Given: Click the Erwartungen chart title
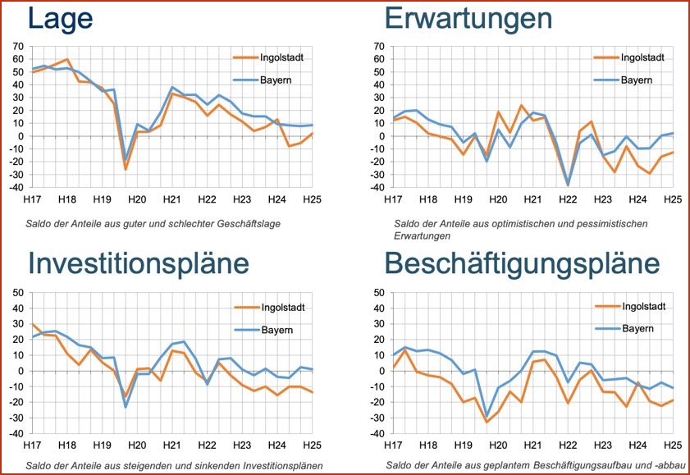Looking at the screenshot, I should [468, 17].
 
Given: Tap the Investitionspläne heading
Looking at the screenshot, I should [139, 262].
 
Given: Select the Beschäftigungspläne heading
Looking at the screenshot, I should [521, 262].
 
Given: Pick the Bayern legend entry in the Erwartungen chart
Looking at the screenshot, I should [635, 80].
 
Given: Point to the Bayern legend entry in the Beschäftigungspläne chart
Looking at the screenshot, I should [635, 327].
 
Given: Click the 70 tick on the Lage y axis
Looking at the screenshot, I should [18, 45].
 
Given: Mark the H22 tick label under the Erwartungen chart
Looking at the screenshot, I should [567, 199].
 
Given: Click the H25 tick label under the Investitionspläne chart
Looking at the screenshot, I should [313, 445].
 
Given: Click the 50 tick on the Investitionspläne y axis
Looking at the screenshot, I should [18, 293].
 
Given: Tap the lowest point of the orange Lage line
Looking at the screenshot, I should [126, 169].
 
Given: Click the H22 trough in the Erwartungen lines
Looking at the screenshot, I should [567, 185].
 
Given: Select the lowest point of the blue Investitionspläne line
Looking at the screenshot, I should [126, 407].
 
